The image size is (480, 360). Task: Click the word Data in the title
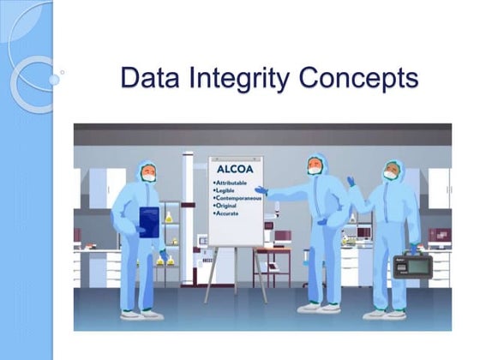148,78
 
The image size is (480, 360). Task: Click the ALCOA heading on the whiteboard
232,170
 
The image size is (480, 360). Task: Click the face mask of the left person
149,177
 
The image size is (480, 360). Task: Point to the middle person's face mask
315,171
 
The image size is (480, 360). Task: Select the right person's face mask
390,175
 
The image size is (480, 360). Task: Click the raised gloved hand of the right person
351,182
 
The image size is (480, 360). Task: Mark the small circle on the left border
54,79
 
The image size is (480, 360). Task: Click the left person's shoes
142,315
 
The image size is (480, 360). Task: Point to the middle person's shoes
320,308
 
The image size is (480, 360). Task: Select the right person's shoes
385,313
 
